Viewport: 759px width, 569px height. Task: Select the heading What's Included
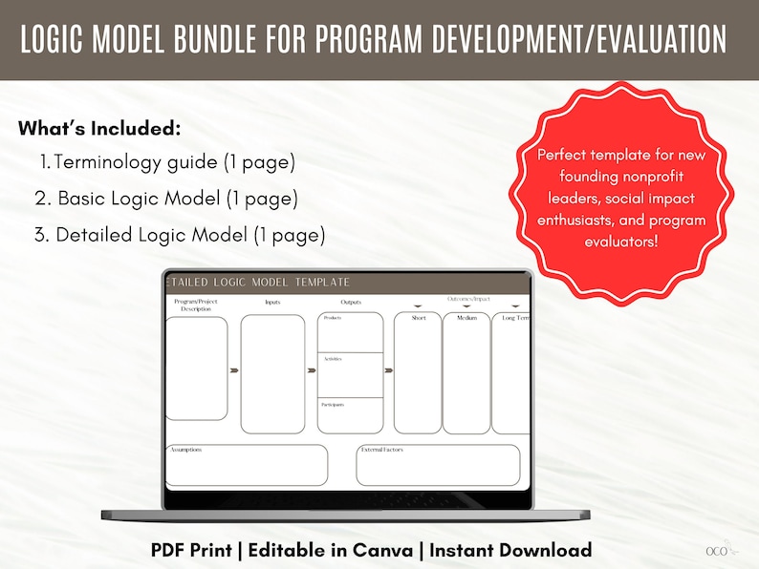(99, 129)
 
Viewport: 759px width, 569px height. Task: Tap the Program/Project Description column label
(196, 305)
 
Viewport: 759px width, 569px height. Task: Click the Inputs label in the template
(272, 303)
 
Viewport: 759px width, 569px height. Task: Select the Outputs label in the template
(351, 303)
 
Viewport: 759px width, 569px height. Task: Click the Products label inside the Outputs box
(333, 318)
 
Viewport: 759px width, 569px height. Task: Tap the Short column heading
(419, 318)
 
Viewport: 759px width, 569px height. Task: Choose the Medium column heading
(466, 318)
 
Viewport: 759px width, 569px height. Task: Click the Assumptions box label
(185, 449)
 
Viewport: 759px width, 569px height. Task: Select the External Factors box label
(383, 449)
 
